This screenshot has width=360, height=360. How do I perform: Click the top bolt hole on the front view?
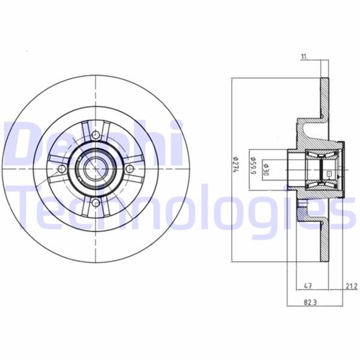(x=96, y=134)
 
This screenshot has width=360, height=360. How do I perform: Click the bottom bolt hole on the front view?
(x=96, y=203)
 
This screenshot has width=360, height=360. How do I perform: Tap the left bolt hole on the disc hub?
(x=61, y=169)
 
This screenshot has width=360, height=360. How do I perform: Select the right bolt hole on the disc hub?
(x=130, y=169)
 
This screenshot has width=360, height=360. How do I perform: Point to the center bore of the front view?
(x=96, y=169)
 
